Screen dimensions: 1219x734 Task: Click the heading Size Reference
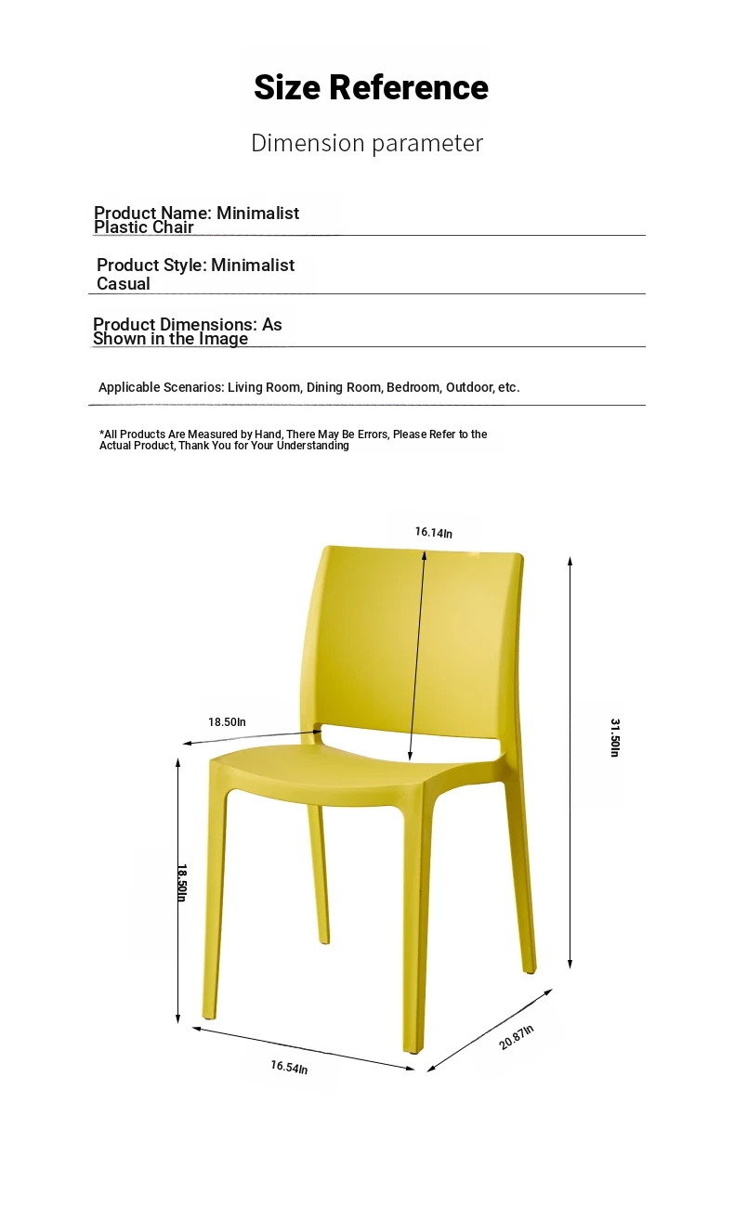coord(371,88)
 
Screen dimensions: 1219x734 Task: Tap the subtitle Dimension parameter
coord(367,143)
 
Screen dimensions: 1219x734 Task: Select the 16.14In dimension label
coord(434,533)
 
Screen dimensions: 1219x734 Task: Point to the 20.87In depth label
coord(517,1036)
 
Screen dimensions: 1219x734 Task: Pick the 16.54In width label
coord(289,1068)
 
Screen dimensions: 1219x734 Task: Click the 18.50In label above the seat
coord(227,721)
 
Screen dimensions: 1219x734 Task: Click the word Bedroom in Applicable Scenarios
coord(413,387)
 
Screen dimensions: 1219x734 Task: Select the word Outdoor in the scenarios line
coord(469,387)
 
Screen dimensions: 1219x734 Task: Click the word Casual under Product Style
coord(124,284)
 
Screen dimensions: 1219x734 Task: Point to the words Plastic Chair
coord(144,227)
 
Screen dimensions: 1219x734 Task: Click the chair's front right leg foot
coord(413,1049)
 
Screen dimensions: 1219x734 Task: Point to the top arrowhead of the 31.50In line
coord(570,560)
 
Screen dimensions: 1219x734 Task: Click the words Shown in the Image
coord(170,339)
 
